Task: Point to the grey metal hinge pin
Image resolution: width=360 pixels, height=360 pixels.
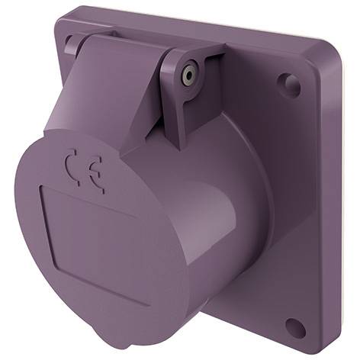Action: (x=190, y=75)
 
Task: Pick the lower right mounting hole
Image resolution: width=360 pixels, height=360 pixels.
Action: (x=295, y=326)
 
